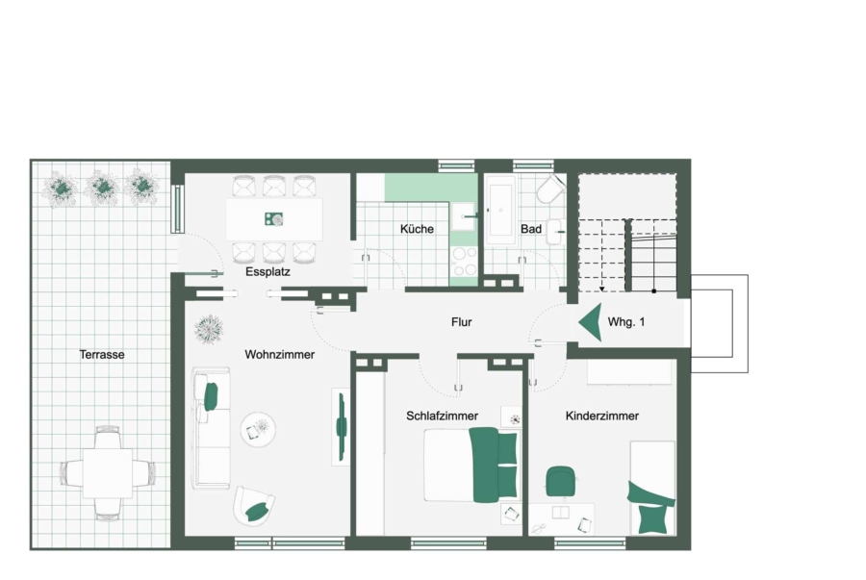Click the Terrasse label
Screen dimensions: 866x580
click(x=102, y=354)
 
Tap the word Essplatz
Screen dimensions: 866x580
click(x=267, y=271)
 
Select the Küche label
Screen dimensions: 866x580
click(x=417, y=229)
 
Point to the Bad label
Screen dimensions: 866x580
click(x=531, y=229)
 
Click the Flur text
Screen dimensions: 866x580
click(x=462, y=321)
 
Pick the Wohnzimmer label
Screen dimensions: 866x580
click(x=279, y=354)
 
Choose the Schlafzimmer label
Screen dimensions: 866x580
click(x=442, y=416)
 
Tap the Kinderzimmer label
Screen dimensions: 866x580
click(x=602, y=416)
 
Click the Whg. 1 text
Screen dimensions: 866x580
click(x=626, y=321)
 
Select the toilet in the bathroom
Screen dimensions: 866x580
click(x=550, y=189)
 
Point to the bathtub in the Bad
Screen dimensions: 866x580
click(x=502, y=211)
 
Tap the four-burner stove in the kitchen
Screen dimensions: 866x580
click(x=464, y=261)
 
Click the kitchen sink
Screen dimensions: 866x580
click(x=464, y=216)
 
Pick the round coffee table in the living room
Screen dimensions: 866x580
click(x=258, y=429)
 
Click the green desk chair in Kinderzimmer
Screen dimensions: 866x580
click(x=561, y=481)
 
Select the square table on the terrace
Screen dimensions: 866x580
click(x=108, y=473)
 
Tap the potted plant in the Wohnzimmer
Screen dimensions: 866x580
click(x=210, y=330)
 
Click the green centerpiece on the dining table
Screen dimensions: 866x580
click(x=273, y=219)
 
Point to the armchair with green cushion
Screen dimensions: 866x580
click(x=254, y=506)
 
